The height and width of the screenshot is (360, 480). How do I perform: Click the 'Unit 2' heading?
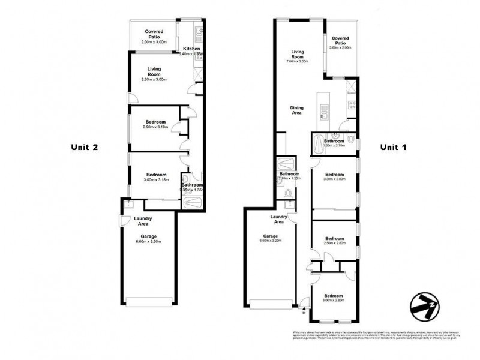pyautogui.click(x=84, y=147)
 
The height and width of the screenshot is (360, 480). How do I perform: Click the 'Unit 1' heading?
pyautogui.click(x=394, y=147)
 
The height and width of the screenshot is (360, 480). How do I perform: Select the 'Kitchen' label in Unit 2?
pyautogui.click(x=191, y=49)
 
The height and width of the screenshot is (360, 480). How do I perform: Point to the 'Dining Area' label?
pyautogui.click(x=297, y=110)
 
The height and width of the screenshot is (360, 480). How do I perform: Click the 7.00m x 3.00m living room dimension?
pyautogui.click(x=297, y=61)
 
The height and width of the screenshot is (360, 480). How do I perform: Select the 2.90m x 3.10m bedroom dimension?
pyautogui.click(x=154, y=127)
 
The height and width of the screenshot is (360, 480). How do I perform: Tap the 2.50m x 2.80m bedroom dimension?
pyautogui.click(x=334, y=243)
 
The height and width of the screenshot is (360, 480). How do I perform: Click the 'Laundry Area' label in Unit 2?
pyautogui.click(x=143, y=221)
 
